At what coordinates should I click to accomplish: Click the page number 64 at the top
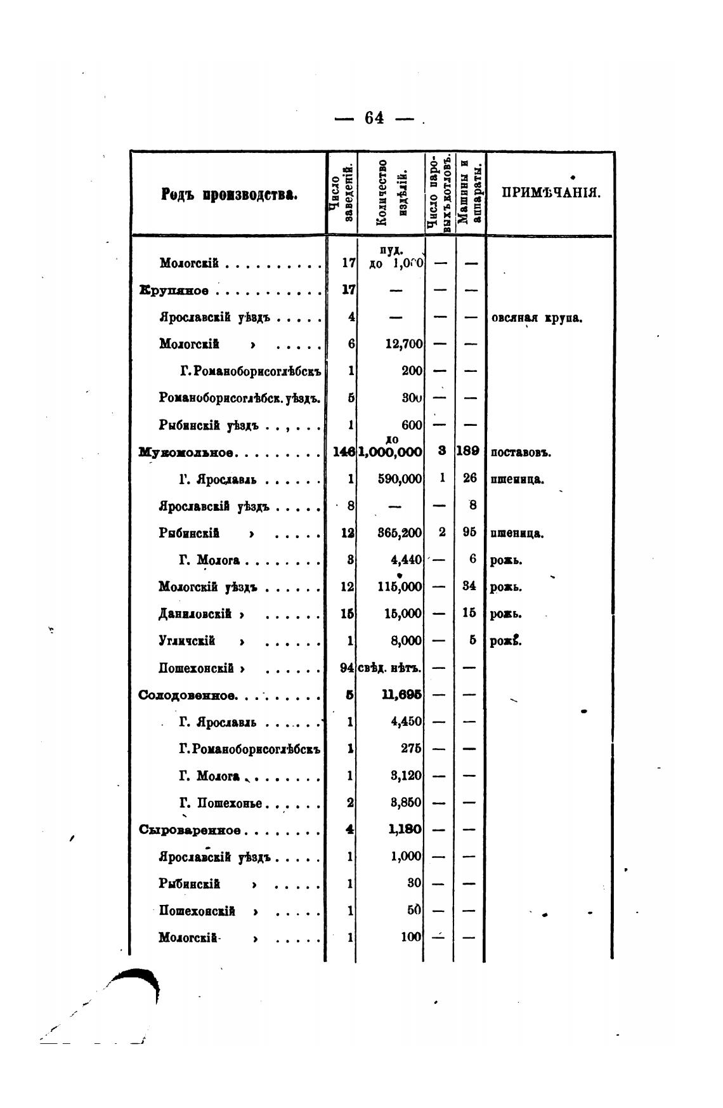pos(374,118)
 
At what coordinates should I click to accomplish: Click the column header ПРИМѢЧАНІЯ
pos(550,193)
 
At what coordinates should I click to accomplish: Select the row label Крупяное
pos(174,291)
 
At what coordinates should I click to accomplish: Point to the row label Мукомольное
pos(187,452)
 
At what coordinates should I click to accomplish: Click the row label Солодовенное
pos(188,695)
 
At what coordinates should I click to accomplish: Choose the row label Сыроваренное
pos(190,830)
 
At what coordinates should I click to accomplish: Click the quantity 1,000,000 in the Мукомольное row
pos(391,452)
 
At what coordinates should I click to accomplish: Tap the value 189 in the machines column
pos(470,452)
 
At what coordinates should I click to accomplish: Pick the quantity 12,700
pos(404,344)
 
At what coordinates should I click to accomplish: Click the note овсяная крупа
pos(537,318)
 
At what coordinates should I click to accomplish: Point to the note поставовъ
pos(521,453)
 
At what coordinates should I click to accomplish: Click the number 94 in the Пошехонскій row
pos(346,668)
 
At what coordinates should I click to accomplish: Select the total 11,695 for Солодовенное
pos(402,695)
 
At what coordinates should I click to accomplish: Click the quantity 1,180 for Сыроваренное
pos(406,830)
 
